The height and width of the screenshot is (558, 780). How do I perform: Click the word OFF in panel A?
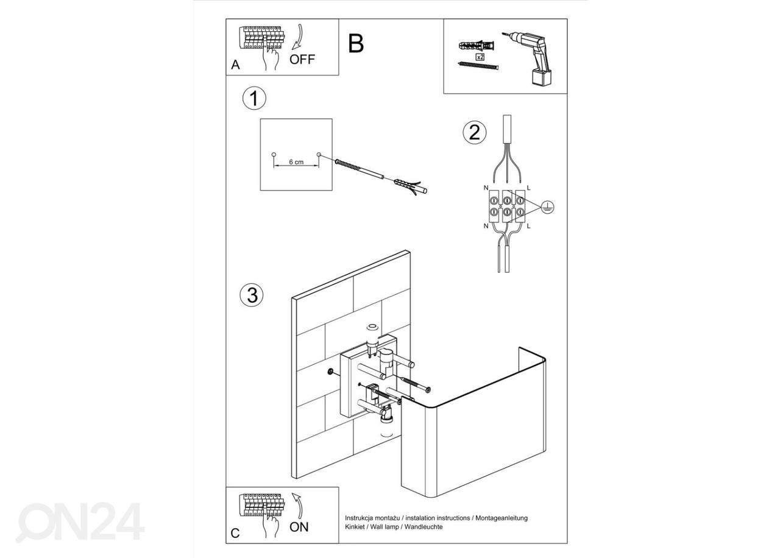click(302, 59)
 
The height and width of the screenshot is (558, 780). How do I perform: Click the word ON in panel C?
click(299, 527)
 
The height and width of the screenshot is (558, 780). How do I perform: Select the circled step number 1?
click(254, 99)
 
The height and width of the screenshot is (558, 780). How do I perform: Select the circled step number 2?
click(475, 132)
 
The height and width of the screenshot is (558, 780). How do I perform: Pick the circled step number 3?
click(252, 295)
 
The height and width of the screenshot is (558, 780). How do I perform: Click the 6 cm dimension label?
click(296, 162)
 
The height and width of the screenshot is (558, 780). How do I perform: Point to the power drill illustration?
click(531, 58)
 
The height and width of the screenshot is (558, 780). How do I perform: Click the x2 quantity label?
click(480, 56)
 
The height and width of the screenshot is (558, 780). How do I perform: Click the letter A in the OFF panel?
click(235, 66)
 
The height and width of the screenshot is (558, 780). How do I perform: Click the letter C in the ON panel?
click(235, 534)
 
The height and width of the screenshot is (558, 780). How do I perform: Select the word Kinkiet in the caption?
click(356, 526)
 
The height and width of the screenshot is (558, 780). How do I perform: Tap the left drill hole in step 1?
click(274, 154)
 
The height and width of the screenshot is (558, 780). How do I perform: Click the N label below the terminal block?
click(486, 226)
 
